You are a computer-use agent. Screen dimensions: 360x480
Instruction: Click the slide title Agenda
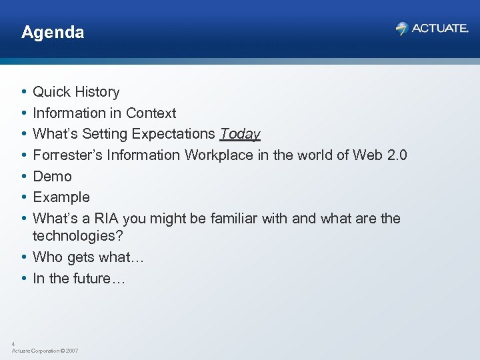[53, 32]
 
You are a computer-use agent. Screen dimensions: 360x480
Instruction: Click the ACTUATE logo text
[440, 28]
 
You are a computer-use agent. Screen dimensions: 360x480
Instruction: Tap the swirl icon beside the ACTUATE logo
[401, 28]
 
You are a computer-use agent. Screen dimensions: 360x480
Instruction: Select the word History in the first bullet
[97, 92]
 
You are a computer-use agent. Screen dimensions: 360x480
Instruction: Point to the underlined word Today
[240, 134]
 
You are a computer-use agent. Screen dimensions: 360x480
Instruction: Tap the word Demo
[52, 177]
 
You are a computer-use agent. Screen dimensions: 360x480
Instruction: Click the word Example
[61, 197]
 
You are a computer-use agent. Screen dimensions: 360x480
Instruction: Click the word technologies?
[79, 236]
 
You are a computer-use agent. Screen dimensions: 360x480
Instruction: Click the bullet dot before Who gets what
[23, 257]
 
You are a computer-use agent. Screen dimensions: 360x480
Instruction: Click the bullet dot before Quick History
[23, 92]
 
